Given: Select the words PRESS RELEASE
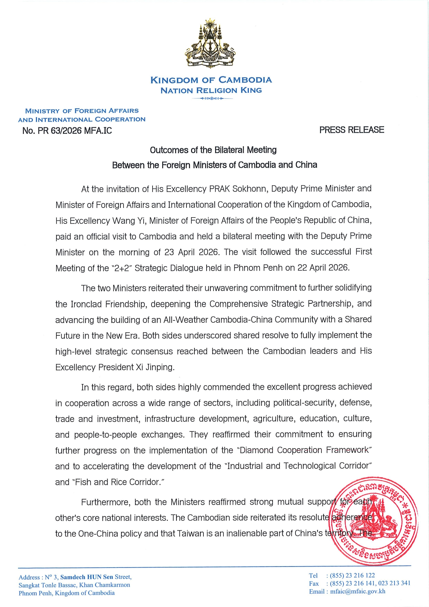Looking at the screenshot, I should (x=352, y=130).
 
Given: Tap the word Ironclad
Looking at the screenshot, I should (x=86, y=304).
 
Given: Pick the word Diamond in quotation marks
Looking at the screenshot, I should (x=257, y=450).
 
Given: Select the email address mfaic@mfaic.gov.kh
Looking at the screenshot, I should (x=358, y=591).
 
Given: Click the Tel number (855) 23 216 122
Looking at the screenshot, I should (x=352, y=576).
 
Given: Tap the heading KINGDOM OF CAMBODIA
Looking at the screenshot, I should (x=211, y=80).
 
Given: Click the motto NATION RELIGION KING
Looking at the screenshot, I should (x=211, y=91).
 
